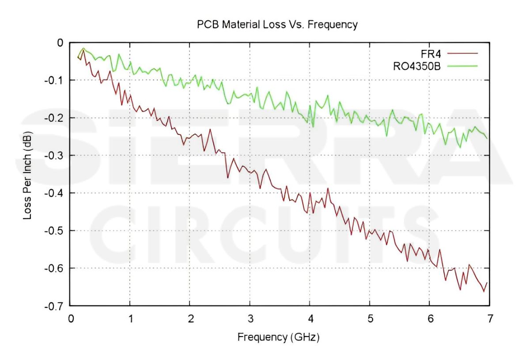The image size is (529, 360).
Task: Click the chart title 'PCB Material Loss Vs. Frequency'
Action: (277, 25)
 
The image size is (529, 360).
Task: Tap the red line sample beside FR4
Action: (463, 53)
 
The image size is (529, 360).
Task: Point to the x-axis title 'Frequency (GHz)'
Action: (278, 337)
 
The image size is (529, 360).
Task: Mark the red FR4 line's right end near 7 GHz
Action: (487, 283)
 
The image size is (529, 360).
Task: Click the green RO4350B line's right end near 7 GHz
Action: (487, 138)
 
